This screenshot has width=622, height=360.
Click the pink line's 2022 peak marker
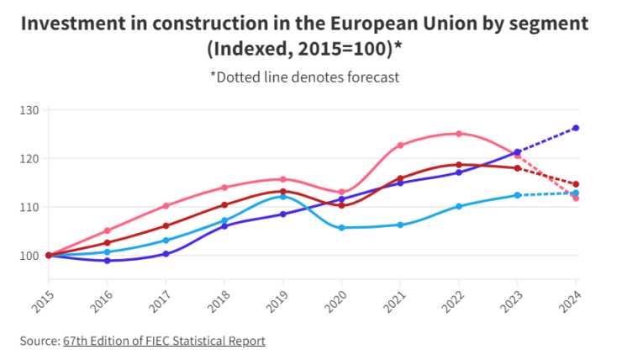tap(459, 134)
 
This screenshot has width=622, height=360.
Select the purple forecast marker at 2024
tap(576, 128)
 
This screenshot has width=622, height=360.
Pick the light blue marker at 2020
tap(341, 228)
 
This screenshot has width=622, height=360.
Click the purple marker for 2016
tap(107, 261)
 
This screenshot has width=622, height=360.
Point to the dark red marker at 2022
tap(459, 165)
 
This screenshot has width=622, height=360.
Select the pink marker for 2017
tap(166, 206)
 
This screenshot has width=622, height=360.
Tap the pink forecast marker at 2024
tap(576, 199)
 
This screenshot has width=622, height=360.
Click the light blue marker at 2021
tap(400, 225)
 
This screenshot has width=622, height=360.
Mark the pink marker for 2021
tap(400, 146)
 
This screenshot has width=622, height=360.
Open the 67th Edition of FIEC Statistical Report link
tap(164, 341)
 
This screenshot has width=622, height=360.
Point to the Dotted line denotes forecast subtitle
tap(304, 77)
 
